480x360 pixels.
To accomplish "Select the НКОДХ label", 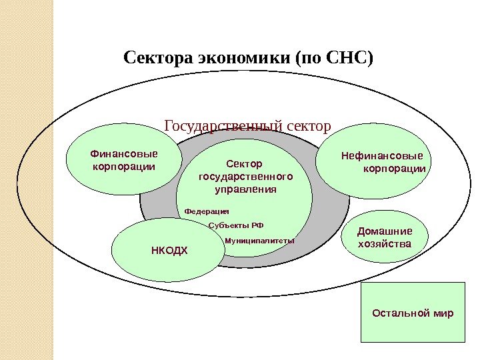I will click(x=167, y=251).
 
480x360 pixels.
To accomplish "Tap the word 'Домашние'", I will click(x=385, y=231).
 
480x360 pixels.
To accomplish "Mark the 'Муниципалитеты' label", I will click(x=259, y=240).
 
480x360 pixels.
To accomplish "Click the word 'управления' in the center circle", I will click(x=245, y=189).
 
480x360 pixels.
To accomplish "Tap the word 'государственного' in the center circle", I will click(x=245, y=177).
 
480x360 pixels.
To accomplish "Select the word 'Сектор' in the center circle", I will click(x=245, y=163).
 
